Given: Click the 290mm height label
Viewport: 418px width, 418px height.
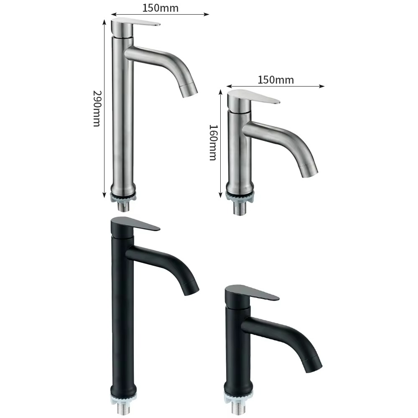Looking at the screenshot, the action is pyautogui.click(x=97, y=109).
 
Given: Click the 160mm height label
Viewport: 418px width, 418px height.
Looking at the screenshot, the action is pyautogui.click(x=213, y=143).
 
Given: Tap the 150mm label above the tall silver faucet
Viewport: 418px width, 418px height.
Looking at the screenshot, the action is pyautogui.click(x=160, y=8).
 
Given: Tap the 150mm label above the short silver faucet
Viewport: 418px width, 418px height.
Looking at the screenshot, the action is pyautogui.click(x=275, y=80).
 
